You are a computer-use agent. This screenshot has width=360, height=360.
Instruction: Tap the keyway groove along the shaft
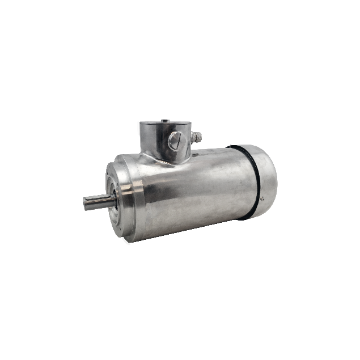94,200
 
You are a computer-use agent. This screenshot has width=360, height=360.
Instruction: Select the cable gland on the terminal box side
197,137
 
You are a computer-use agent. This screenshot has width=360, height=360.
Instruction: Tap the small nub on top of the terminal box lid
163,120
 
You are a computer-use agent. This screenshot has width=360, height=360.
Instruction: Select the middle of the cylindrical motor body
193,187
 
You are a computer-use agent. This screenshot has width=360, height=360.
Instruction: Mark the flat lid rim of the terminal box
164,124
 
